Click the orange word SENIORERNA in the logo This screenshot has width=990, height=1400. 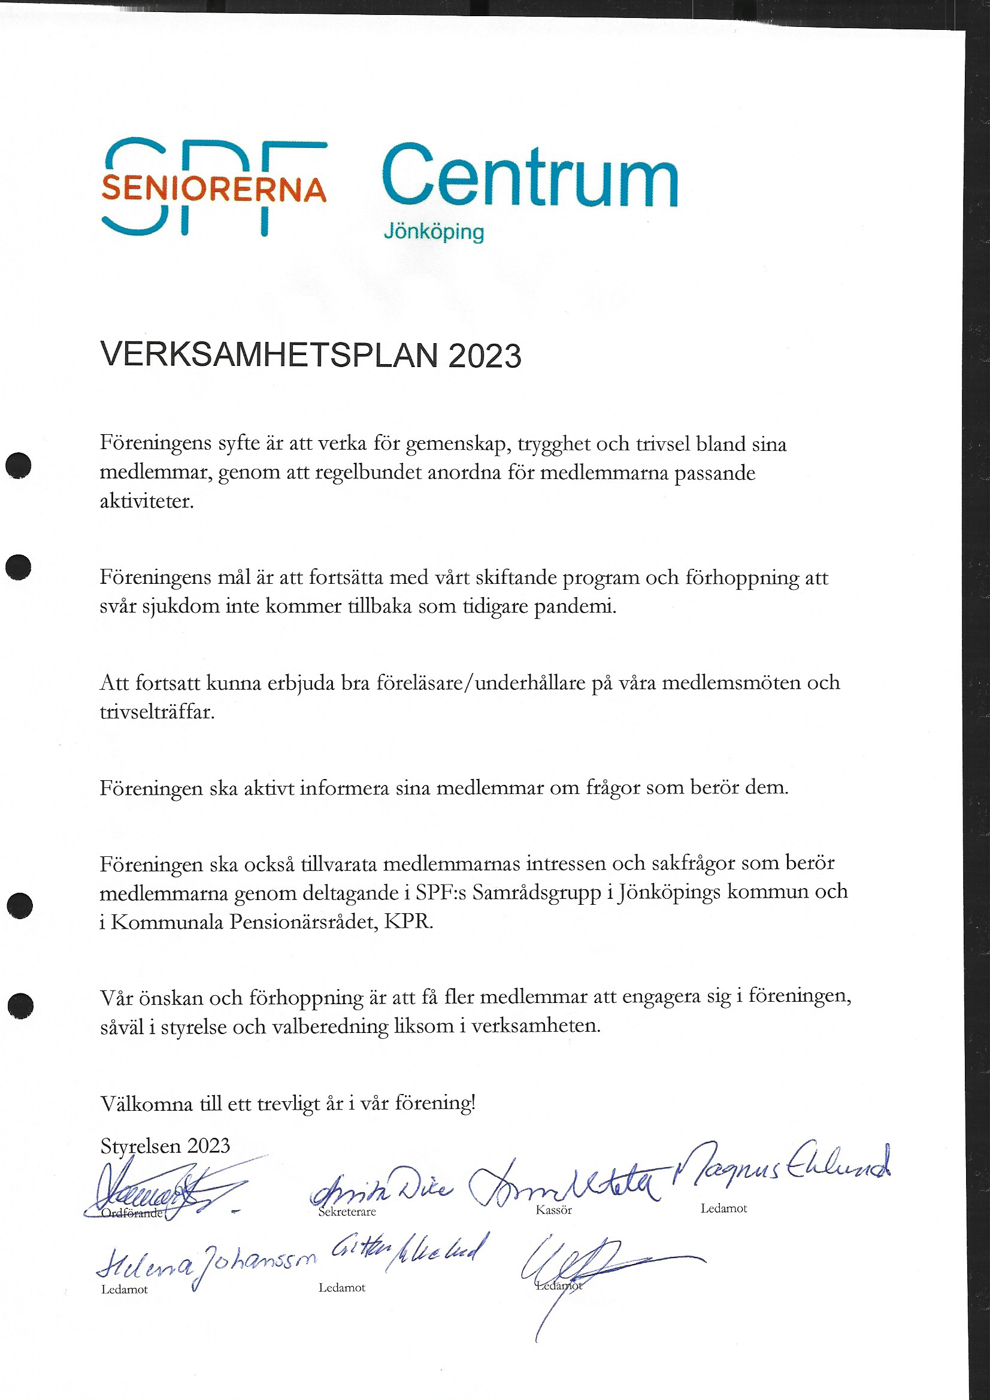[213, 189]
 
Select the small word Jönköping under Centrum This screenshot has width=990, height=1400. [434, 232]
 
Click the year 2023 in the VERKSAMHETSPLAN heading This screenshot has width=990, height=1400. [485, 356]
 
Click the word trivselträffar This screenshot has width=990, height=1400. [157, 711]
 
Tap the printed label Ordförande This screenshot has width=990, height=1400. [132, 1213]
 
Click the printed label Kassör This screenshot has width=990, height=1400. [554, 1210]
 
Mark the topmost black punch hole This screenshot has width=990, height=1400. [19, 466]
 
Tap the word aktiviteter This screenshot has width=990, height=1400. [146, 501]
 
